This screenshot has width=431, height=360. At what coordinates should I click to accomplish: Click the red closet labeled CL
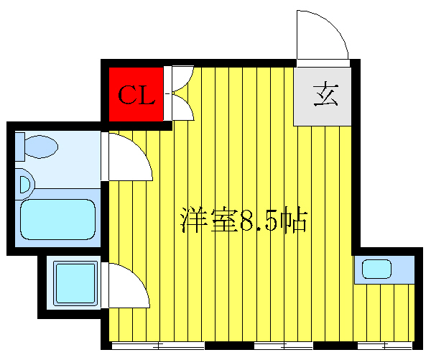136,96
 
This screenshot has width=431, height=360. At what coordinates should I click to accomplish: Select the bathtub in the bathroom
57,218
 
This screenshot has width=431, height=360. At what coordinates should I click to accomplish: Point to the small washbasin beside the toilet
24,184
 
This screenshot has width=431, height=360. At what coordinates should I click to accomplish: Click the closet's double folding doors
181,93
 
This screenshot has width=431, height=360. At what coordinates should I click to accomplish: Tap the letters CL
136,96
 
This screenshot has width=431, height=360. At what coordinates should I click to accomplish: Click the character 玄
325,96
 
